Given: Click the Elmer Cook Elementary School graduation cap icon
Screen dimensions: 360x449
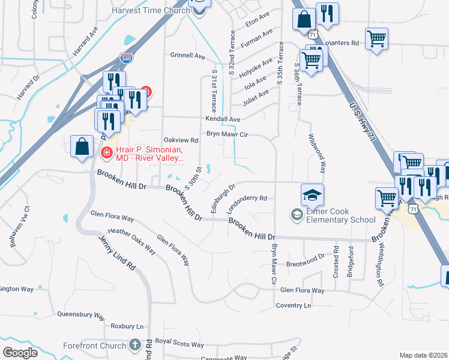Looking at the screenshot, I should point(312,194).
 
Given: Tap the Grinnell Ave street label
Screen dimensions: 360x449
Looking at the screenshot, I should point(188,55).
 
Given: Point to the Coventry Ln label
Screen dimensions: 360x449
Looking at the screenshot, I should point(294,305).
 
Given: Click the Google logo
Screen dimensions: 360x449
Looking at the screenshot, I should point(20,353).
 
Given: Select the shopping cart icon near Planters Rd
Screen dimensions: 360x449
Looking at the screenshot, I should point(376,40).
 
